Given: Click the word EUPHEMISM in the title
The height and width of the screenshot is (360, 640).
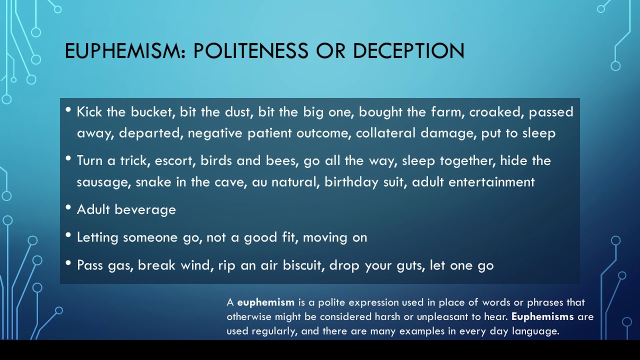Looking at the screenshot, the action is pyautogui.click(x=125, y=51).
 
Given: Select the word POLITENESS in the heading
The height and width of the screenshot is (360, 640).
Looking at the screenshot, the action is pyautogui.click(x=251, y=51).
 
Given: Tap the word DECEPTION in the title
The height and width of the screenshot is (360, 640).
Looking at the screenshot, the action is pyautogui.click(x=409, y=51).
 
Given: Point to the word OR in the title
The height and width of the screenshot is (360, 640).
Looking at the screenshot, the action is pyautogui.click(x=330, y=51).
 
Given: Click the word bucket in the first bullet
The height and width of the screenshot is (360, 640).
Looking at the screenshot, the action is pyautogui.click(x=153, y=111).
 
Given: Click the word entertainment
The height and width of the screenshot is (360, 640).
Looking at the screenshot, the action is pyautogui.click(x=491, y=182).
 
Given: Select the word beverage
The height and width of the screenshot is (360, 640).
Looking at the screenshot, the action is pyautogui.click(x=145, y=210).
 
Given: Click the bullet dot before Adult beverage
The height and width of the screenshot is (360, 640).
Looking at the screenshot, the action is pyautogui.click(x=68, y=207).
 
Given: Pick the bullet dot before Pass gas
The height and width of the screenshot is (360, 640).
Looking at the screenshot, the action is pyautogui.click(x=68, y=263).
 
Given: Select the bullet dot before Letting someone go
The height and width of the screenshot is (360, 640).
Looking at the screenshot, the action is pyautogui.click(x=68, y=235).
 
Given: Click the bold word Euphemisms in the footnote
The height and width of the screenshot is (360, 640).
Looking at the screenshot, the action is pyautogui.click(x=542, y=317).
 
